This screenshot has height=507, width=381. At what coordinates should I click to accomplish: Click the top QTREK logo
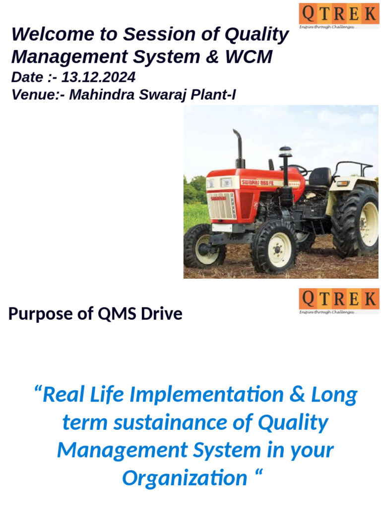(x=338, y=15)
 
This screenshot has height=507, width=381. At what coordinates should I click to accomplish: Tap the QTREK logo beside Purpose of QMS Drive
(x=338, y=301)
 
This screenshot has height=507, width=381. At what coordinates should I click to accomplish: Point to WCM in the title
(x=249, y=57)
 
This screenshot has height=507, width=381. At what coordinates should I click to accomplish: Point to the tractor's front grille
(x=221, y=205)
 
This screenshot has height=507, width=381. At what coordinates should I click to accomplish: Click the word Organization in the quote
(x=185, y=478)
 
